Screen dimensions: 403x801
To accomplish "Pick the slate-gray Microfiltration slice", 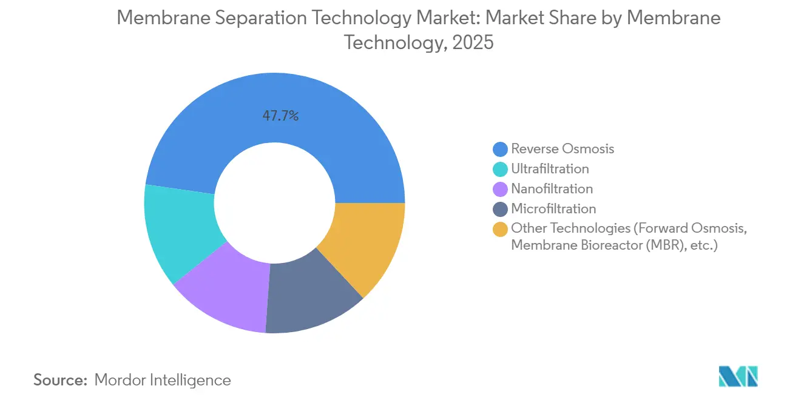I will click(309, 297).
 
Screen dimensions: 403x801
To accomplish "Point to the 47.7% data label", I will click(280, 116).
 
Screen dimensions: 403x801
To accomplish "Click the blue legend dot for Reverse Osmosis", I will click(501, 149).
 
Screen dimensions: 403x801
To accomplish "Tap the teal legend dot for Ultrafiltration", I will click(501, 169).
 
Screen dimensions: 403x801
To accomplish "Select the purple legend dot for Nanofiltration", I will click(501, 189).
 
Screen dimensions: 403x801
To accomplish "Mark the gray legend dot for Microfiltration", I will click(501, 209).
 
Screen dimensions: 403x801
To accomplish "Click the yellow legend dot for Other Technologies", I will click(501, 229).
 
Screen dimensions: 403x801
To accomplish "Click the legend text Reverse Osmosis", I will click(563, 149).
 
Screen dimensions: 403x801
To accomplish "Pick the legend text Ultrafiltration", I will click(550, 169).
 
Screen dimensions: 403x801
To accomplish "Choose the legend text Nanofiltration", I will click(552, 189).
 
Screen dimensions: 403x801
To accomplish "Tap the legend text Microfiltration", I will click(553, 209).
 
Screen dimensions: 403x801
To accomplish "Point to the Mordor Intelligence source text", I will click(163, 380).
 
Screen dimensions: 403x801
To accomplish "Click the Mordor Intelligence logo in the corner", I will click(738, 376).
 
